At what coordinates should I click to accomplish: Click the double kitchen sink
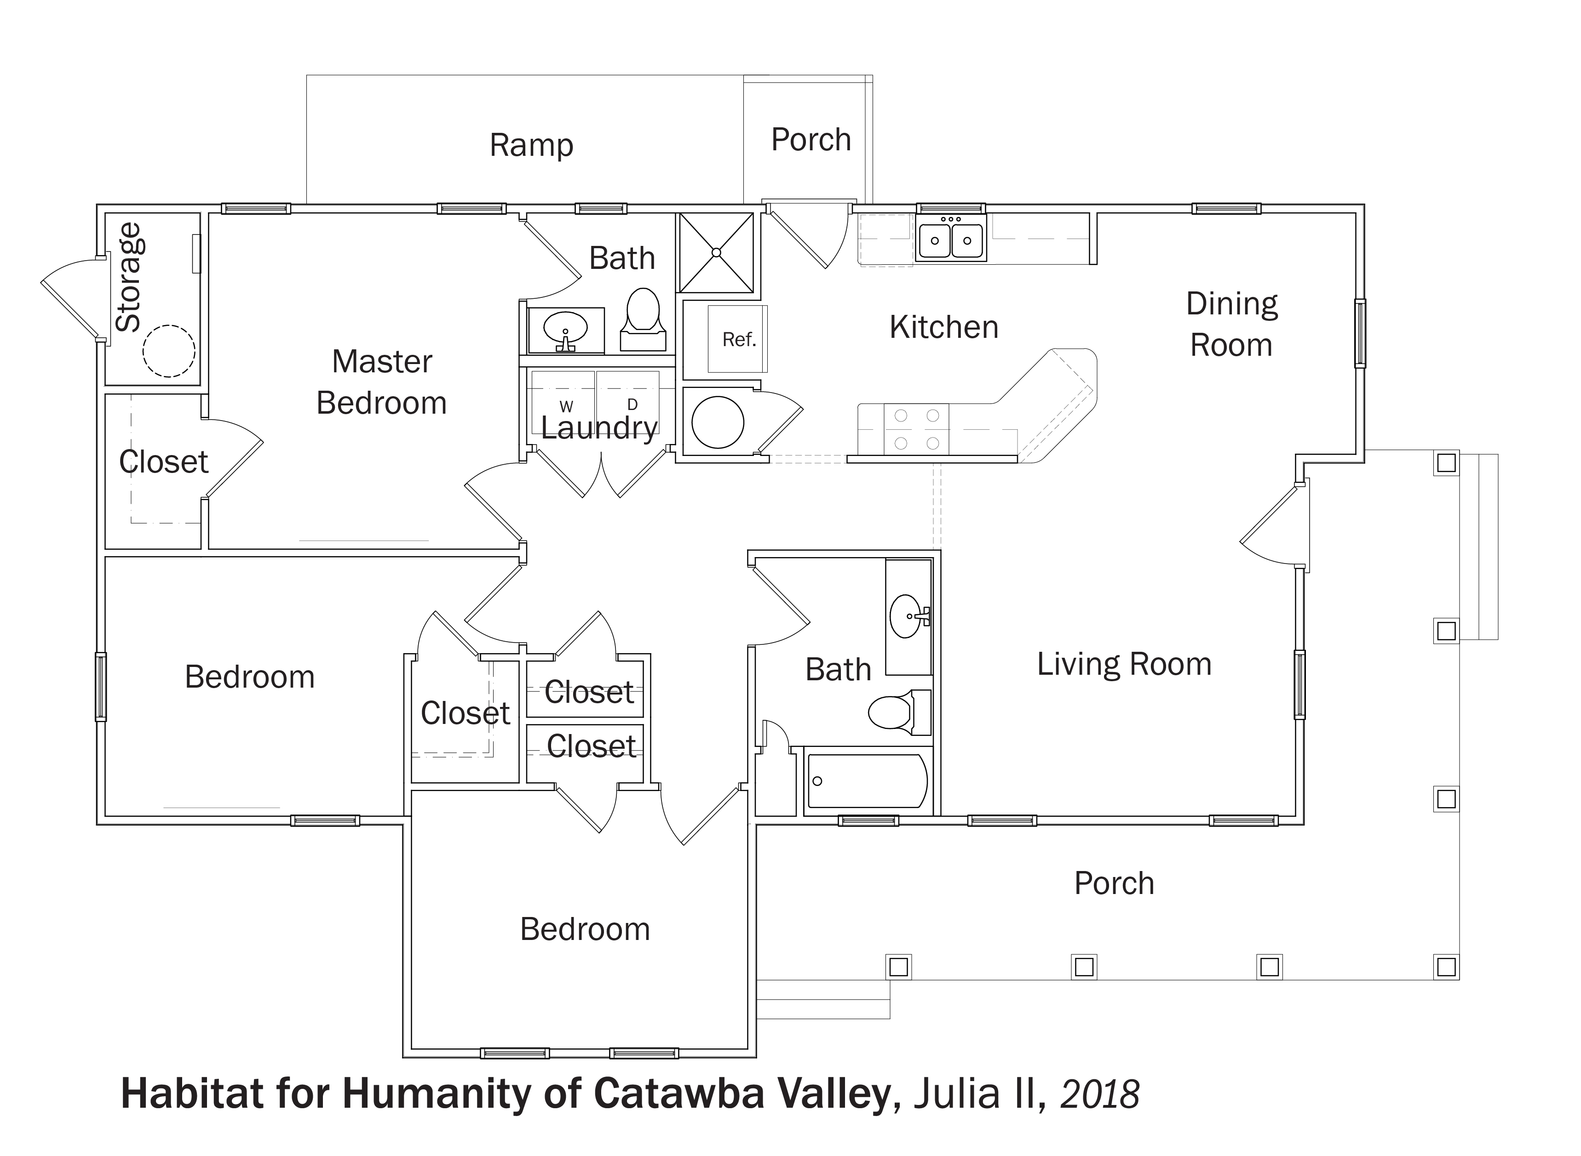[x=951, y=238]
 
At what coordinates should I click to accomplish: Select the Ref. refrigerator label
[x=739, y=339]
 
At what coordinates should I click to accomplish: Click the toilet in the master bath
[x=643, y=320]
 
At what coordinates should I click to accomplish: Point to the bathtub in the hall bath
[x=868, y=781]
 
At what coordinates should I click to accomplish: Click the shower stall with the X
[x=716, y=253]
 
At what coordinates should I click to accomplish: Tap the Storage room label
[x=130, y=277]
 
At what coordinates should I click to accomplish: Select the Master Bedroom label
[x=382, y=382]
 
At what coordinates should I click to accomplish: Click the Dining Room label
[x=1232, y=325]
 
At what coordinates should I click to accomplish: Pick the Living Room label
[x=1124, y=664]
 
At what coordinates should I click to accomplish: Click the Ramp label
[x=531, y=146]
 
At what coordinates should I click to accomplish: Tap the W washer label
[x=566, y=407]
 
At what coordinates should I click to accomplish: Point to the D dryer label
[x=632, y=404]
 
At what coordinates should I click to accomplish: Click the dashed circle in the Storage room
[x=169, y=351]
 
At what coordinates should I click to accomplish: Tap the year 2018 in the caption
[x=1100, y=1094]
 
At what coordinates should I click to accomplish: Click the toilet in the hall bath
[x=900, y=712]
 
